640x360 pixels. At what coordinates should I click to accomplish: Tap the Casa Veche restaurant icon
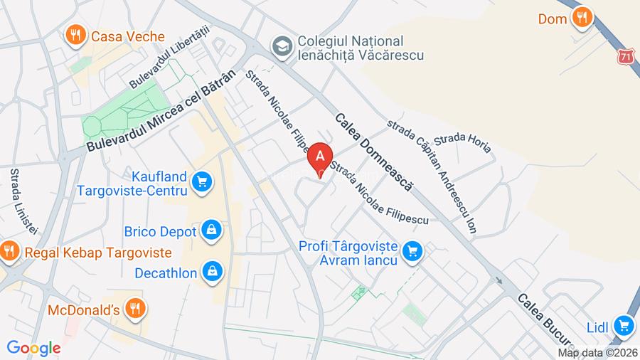click(74, 34)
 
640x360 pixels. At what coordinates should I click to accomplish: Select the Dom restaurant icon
click(582, 18)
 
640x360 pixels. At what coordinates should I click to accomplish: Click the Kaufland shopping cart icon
click(203, 182)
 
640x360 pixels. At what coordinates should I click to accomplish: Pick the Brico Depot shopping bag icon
click(210, 230)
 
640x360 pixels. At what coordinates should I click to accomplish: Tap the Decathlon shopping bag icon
click(212, 271)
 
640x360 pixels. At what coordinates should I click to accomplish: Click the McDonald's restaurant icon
click(135, 308)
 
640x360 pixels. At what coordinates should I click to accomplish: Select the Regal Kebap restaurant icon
click(9, 250)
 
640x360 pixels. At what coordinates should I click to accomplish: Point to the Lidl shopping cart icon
click(624, 326)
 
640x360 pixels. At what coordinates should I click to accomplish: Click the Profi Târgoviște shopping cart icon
click(412, 250)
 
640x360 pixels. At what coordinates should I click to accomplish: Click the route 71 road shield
click(625, 56)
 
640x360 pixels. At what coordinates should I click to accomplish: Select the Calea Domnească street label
click(373, 152)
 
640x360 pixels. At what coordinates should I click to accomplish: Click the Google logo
click(33, 348)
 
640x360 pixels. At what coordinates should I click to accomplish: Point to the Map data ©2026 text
click(597, 353)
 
